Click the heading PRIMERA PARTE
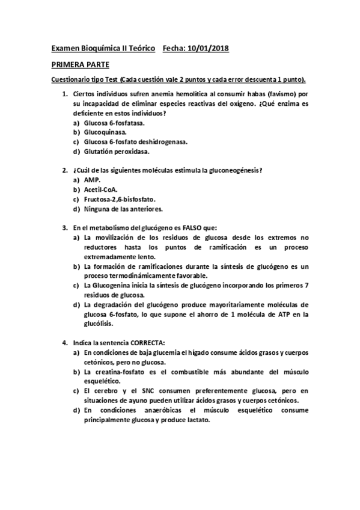(x=80, y=64)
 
